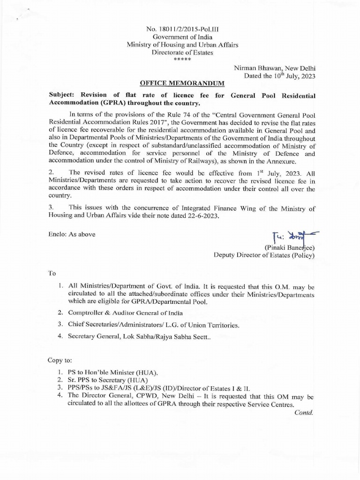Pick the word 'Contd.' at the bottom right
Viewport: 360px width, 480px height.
coord(304,412)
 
